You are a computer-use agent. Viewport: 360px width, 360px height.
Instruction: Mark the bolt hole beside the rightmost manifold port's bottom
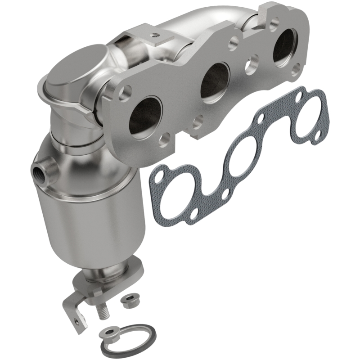click(x=296, y=70)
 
